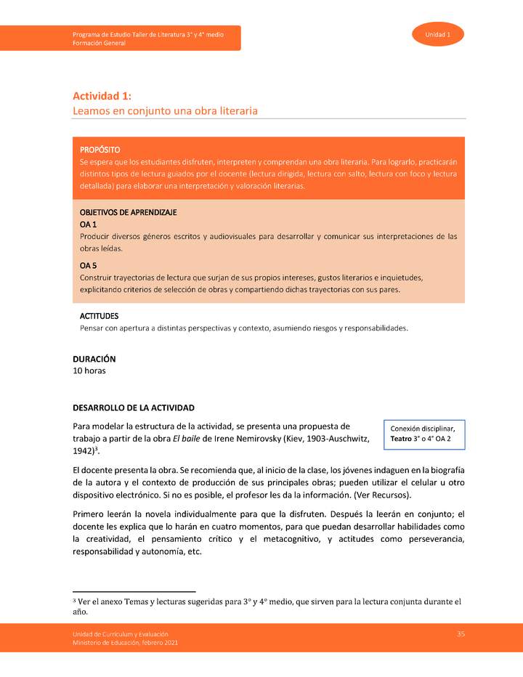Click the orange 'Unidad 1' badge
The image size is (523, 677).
coord(437,35)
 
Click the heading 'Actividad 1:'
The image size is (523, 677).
coord(102,96)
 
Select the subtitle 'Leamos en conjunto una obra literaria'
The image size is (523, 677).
coord(165,111)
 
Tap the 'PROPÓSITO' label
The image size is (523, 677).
coord(100,149)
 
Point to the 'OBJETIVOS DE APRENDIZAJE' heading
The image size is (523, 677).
coord(128,212)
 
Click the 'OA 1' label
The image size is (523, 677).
coord(88,224)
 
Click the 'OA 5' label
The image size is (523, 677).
coord(88,265)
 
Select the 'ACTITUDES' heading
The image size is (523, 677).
coord(99,317)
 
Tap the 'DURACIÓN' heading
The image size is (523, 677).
coord(94,359)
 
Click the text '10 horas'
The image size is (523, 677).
coord(89,370)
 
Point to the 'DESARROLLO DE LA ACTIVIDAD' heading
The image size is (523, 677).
coord(133,408)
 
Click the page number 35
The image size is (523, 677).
coord(461,634)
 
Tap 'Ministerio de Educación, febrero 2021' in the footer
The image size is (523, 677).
coord(124,643)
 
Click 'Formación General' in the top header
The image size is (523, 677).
coord(99,43)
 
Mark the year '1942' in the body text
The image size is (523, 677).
coord(84,451)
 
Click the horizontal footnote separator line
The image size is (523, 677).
coord(134,591)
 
